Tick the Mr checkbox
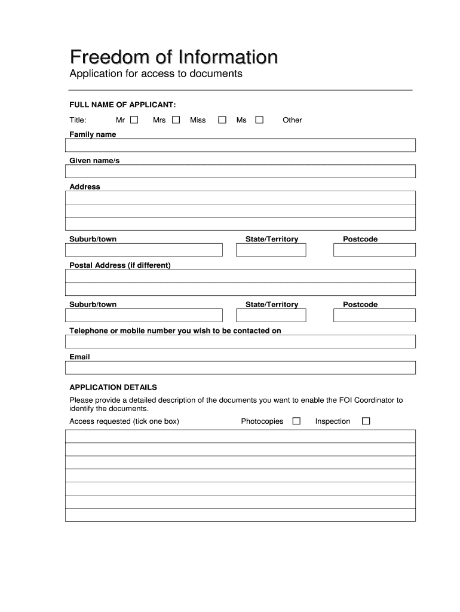coord(134,120)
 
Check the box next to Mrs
coord(176,120)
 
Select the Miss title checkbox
coord(222,120)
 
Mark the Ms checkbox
coord(259,120)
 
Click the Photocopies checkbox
coord(296,421)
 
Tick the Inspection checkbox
coord(366,421)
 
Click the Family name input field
coord(240,146)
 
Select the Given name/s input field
coord(240,172)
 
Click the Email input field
coord(240,368)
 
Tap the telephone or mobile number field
coord(240,342)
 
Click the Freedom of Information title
coord(174,57)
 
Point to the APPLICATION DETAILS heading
coord(113,387)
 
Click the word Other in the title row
coord(292,120)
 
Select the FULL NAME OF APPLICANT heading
coord(122,104)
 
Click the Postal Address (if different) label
coord(120,265)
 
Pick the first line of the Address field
coord(240,198)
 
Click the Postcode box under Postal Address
coord(374,316)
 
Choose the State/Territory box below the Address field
coord(271,250)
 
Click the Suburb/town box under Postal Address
coord(143,316)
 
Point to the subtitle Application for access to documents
coord(156,74)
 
